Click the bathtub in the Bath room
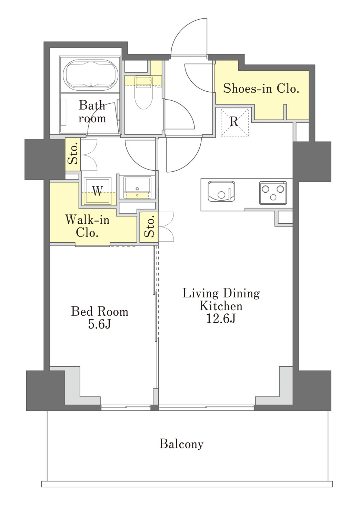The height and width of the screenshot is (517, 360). (91, 75)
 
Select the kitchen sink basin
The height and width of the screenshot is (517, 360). (221, 191)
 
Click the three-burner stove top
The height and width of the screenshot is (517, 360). (273, 193)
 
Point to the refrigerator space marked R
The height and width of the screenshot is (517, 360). (234, 122)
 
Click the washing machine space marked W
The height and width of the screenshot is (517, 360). (98, 191)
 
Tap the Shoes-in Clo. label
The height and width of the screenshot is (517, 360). (261, 88)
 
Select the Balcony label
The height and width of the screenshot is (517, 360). (181, 444)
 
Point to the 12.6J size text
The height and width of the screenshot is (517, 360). (221, 319)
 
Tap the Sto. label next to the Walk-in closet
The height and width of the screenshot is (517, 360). (149, 226)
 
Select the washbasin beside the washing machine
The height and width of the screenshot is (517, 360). (137, 187)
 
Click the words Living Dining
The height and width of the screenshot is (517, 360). (221, 294)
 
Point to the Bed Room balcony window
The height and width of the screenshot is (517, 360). (126, 408)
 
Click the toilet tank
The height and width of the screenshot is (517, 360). (143, 81)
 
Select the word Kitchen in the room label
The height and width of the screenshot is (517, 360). (221, 306)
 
